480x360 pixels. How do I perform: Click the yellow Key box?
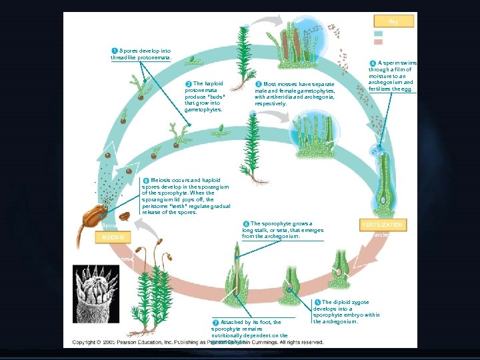click(x=393, y=21)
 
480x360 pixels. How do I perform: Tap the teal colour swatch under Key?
click(x=378, y=33)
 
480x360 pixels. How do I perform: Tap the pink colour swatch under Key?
click(x=378, y=41)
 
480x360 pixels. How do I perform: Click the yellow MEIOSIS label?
click(x=113, y=237)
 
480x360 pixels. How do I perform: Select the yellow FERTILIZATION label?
click(x=383, y=225)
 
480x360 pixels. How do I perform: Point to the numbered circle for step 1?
click(x=115, y=51)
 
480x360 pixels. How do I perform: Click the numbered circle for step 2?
click(x=189, y=83)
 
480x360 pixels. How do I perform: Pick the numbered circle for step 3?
click(x=259, y=84)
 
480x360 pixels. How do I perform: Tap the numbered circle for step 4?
click(x=373, y=63)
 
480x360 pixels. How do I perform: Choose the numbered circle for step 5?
click(x=317, y=303)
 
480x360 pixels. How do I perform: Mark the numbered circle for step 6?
click(x=246, y=223)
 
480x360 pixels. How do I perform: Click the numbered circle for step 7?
click(x=215, y=322)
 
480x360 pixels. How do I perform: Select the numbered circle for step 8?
click(x=146, y=180)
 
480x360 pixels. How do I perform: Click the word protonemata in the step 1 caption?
click(x=155, y=58)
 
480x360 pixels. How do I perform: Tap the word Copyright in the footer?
click(x=87, y=342)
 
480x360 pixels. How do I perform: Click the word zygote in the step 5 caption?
click(x=363, y=302)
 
